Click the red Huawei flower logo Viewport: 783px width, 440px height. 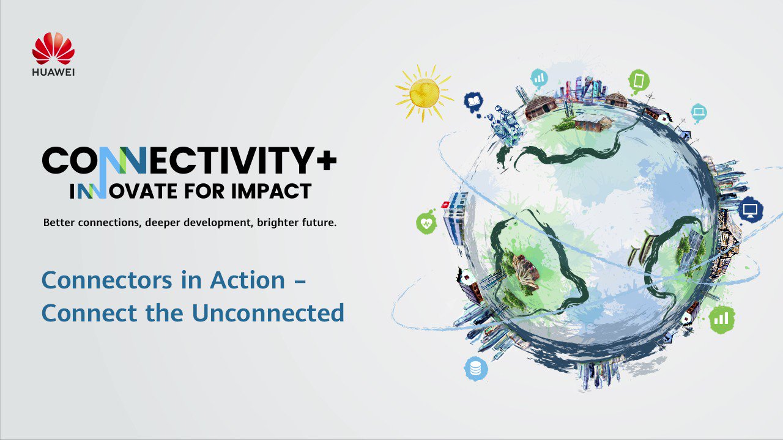[53, 48]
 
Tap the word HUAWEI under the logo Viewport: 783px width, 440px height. [53, 72]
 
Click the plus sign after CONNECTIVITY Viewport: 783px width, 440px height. [326, 161]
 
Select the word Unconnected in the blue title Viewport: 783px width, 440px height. [268, 312]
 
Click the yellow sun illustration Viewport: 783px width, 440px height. [424, 92]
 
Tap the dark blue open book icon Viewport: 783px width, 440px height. [473, 101]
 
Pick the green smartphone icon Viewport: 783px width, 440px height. [639, 80]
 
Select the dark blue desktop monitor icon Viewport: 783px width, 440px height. [750, 210]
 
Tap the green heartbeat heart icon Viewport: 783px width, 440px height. [426, 223]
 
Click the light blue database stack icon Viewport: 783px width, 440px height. [475, 369]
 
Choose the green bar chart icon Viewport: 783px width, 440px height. [722, 318]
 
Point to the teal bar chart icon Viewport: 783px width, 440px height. [539, 78]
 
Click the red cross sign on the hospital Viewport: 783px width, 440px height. [445, 204]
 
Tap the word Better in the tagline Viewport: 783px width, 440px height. [59, 223]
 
